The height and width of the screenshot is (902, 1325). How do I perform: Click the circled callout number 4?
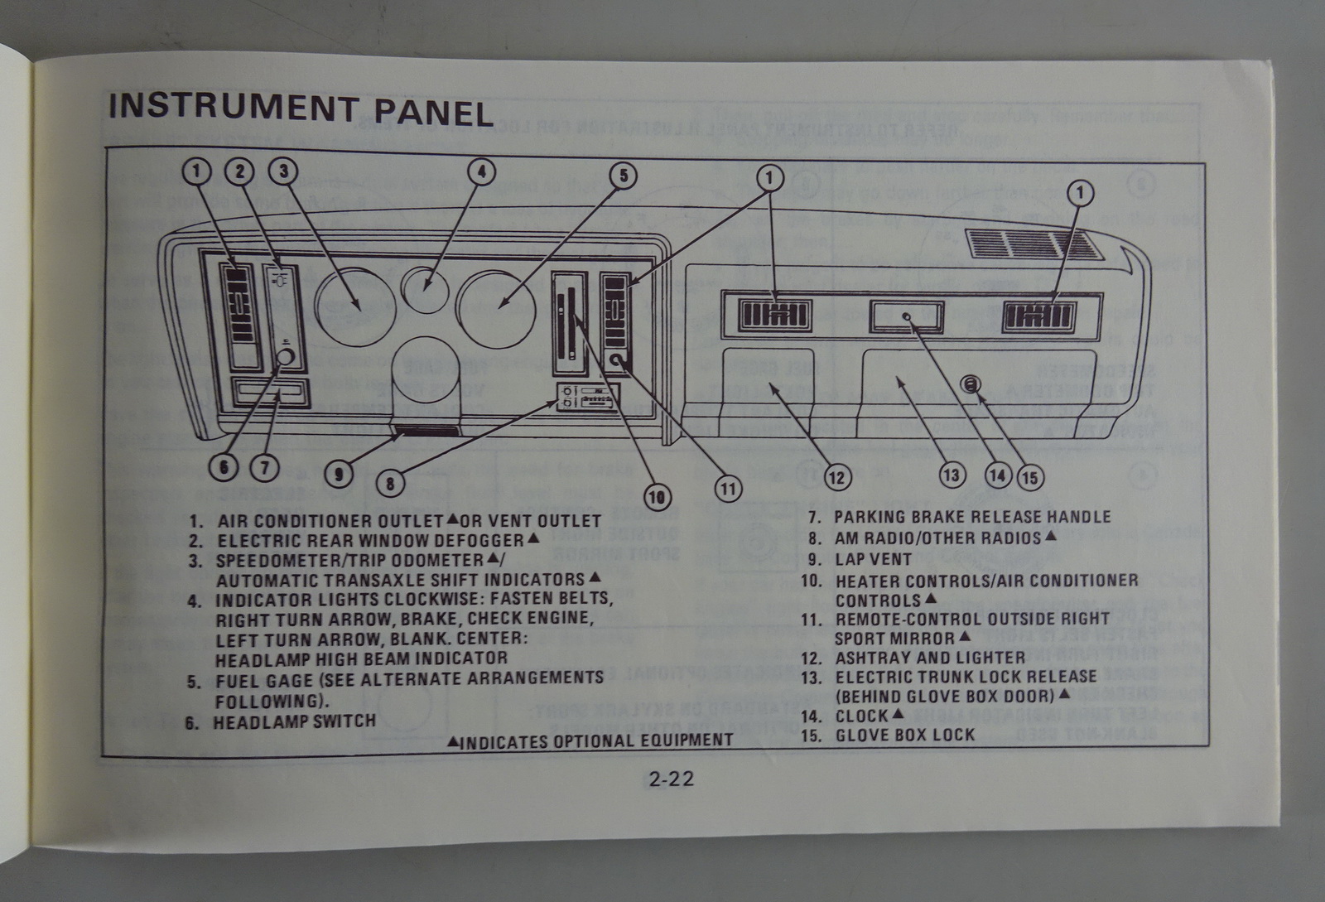pos(481,172)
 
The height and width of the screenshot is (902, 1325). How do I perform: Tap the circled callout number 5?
pos(623,175)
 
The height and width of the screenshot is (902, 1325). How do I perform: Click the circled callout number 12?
pos(837,476)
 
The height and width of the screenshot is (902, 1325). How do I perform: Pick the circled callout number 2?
pos(240,171)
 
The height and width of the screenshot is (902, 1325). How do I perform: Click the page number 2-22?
pos(672,779)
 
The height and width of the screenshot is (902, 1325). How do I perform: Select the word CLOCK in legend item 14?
pos(861,716)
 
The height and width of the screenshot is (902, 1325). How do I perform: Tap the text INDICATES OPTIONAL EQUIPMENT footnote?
pos(596,740)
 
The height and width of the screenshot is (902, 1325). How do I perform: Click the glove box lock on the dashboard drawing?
pos(971,383)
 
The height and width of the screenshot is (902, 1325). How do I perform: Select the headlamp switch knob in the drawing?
pos(285,358)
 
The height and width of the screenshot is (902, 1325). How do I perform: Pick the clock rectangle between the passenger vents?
pos(906,316)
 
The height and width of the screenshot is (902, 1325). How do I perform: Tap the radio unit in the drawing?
pos(586,398)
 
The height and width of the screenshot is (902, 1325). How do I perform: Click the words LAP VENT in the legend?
pos(873,559)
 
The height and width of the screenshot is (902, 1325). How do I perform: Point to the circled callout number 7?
pos(265,467)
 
